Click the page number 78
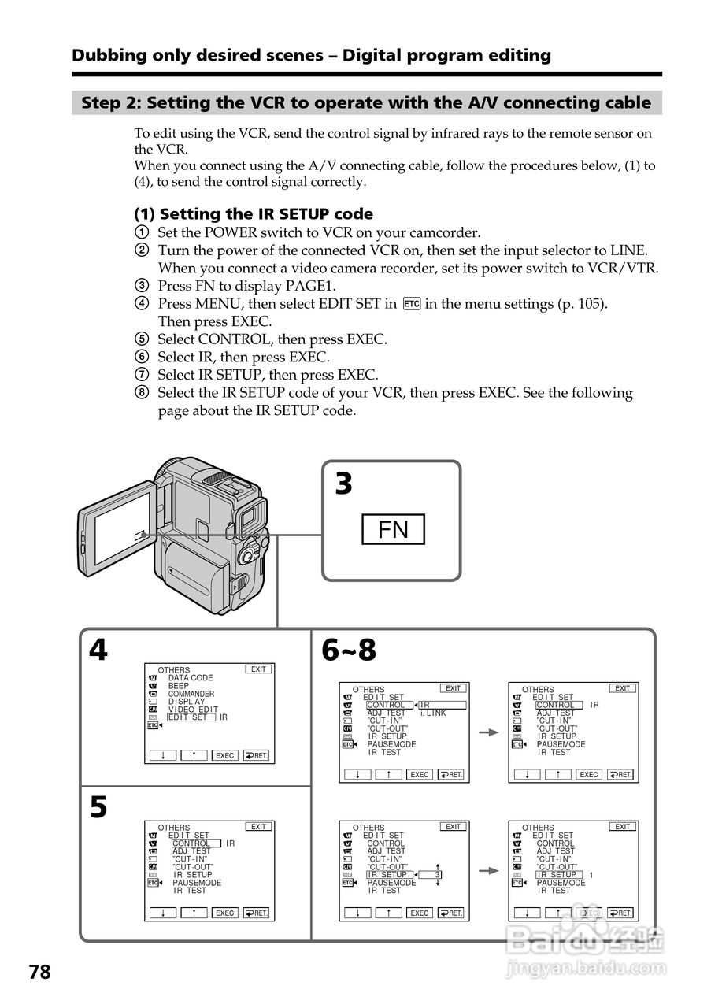(x=39, y=973)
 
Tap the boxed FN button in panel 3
(x=393, y=529)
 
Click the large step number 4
(x=98, y=650)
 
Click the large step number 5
(x=98, y=808)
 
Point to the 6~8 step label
(x=349, y=650)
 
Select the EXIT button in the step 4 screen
(x=259, y=669)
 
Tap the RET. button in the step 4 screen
(x=256, y=755)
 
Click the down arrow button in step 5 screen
(x=163, y=913)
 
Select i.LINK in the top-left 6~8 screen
(x=433, y=713)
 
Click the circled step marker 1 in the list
(x=141, y=233)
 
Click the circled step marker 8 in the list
(x=141, y=393)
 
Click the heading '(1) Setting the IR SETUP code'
(x=254, y=214)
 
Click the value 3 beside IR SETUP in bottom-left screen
(x=438, y=875)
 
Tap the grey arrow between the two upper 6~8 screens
(x=489, y=732)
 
